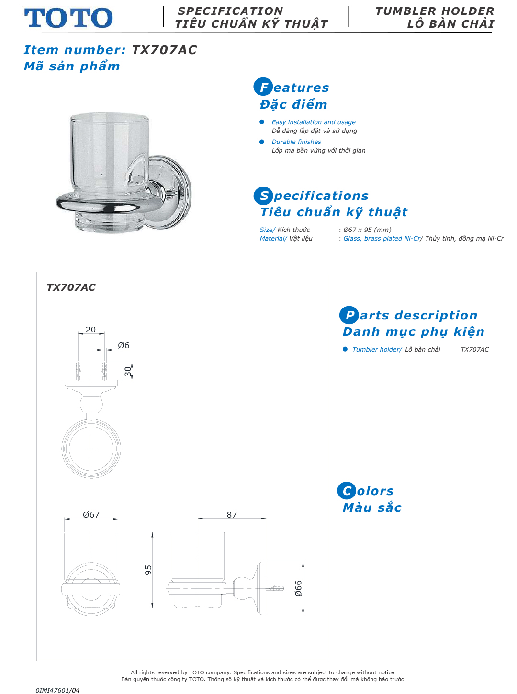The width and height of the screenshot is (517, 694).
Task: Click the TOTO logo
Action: (x=68, y=18)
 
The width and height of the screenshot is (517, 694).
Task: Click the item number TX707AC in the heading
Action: (x=164, y=50)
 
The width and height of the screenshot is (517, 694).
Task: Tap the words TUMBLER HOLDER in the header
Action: (x=434, y=11)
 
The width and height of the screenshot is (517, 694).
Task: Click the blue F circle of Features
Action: (x=263, y=87)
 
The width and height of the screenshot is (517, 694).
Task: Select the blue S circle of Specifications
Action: (x=263, y=196)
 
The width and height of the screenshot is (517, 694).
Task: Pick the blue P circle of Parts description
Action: (x=349, y=315)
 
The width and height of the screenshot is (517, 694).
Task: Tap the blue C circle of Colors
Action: (x=347, y=491)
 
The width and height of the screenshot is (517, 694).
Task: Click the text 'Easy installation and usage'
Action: (x=314, y=122)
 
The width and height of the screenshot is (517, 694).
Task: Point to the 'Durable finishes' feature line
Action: (x=296, y=142)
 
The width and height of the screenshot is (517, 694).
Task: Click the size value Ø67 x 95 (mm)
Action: (x=367, y=230)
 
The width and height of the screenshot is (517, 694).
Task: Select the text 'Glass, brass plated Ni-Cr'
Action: (x=382, y=239)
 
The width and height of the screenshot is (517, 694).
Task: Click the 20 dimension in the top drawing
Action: (x=90, y=330)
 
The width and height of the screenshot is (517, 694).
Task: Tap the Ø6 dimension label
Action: (x=124, y=345)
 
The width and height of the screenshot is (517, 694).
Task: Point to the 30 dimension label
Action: (x=128, y=371)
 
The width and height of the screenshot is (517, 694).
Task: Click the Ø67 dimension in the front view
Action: (x=91, y=515)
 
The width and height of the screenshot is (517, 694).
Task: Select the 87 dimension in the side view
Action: (x=232, y=515)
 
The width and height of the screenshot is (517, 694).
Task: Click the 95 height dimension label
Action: (x=148, y=570)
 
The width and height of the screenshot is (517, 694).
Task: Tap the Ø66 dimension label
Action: (x=298, y=588)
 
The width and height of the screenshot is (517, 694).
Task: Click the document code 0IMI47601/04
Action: (x=57, y=690)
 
